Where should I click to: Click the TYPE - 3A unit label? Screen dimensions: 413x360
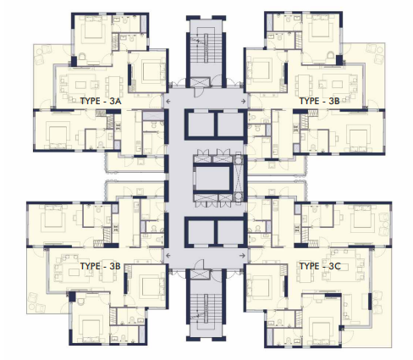[101, 101]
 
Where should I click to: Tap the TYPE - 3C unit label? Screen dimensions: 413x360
[320, 266]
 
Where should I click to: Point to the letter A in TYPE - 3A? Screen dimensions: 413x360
[118, 101]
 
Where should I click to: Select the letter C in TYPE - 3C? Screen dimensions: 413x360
[338, 266]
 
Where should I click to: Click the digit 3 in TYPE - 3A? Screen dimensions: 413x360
[112, 101]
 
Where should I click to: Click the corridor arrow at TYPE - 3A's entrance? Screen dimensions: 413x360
[168, 101]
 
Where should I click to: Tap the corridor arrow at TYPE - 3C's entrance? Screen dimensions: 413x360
[242, 256]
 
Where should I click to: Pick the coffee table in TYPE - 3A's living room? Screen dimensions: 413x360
[80, 85]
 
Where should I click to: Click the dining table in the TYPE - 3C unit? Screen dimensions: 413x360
[305, 274]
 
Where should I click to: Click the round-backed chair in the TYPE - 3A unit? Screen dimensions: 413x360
[82, 57]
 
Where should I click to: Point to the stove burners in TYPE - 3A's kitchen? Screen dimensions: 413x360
[118, 126]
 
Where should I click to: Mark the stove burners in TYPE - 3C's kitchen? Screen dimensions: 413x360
[296, 228]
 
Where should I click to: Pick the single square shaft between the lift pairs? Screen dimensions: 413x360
[212, 179]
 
